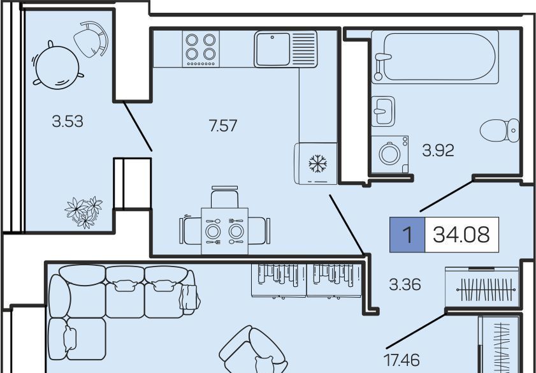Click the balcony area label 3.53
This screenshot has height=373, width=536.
point(68,121)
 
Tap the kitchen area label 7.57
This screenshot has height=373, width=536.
point(223,126)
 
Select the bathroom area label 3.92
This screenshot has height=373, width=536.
point(438,150)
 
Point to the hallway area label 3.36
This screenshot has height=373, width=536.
point(405,284)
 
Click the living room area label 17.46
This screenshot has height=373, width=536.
point(402,360)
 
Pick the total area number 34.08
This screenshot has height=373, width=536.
point(461,235)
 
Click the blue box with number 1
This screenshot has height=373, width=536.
point(407,235)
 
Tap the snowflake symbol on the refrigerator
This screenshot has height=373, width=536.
point(318,163)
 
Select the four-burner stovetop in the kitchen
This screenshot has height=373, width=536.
point(201,48)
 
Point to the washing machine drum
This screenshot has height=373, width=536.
point(389,154)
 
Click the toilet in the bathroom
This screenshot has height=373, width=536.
point(500,130)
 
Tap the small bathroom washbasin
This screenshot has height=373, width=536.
point(383,111)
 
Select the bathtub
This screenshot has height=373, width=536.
point(435,57)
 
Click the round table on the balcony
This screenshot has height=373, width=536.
point(57,68)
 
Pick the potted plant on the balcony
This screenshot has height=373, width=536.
point(83,212)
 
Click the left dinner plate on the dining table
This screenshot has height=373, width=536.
point(213,231)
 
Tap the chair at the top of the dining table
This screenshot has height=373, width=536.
point(224,197)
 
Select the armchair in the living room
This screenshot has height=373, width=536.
point(252,351)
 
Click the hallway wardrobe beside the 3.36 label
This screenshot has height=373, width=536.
point(482,286)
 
